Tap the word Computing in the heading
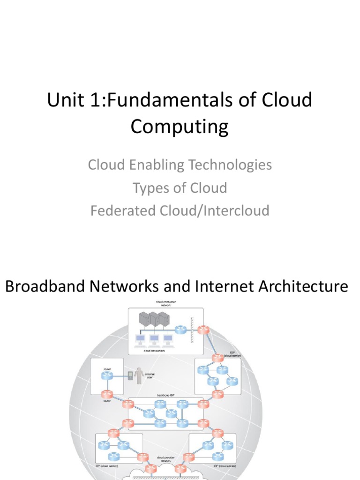coord(180,127)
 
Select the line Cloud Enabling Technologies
coord(180,165)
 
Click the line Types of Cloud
coord(180,188)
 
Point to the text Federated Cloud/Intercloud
coord(180,210)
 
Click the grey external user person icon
coord(139,376)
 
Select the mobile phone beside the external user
coord(130,375)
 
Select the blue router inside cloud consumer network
coord(180,330)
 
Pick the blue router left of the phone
coord(107,375)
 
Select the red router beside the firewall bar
coord(203,330)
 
